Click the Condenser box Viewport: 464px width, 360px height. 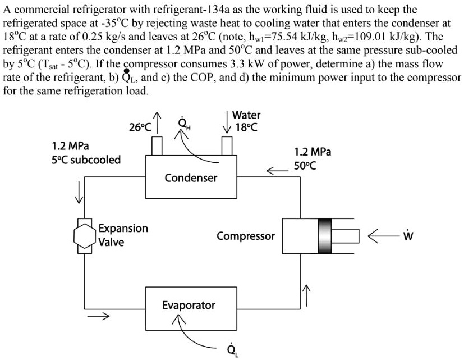[190, 178]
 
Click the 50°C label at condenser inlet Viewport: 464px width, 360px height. [306, 166]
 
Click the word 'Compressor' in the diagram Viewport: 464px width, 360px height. [246, 236]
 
